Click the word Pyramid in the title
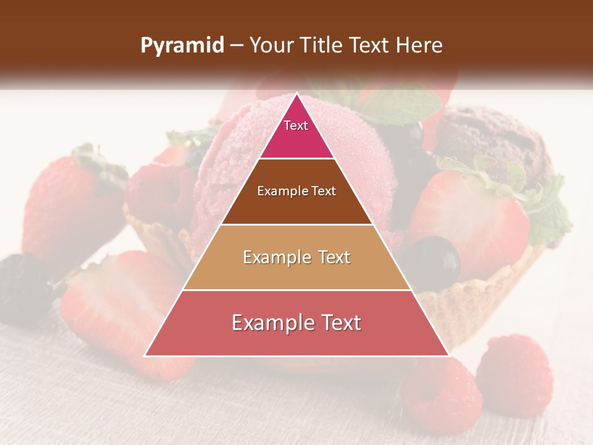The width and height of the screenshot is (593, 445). pos(182,46)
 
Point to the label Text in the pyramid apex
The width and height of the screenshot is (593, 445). pos(296,125)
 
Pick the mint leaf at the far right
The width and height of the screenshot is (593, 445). pos(547,213)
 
